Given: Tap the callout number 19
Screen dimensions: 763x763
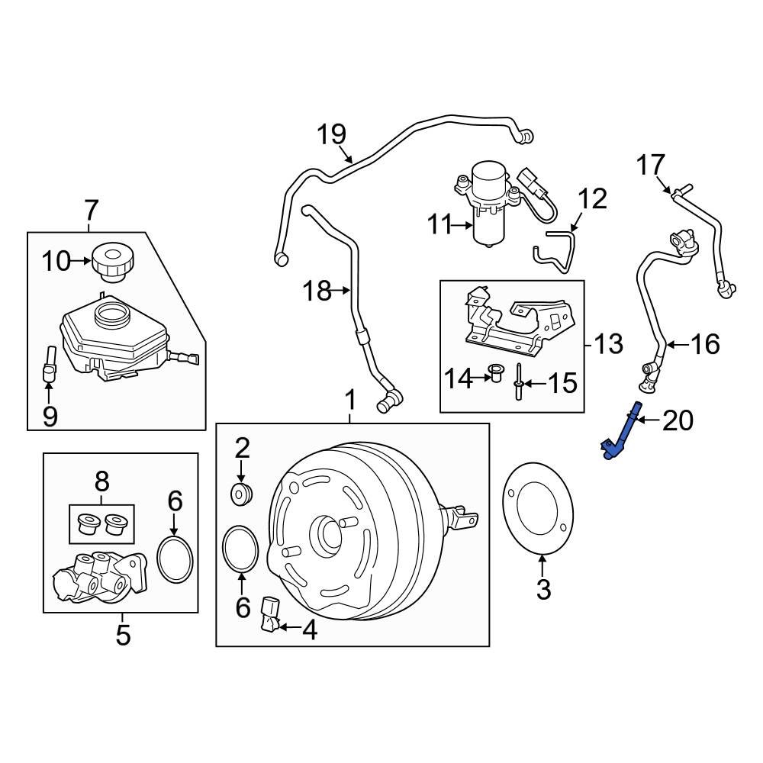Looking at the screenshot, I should [332, 134].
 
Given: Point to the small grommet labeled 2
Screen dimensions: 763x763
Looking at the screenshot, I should [242, 494].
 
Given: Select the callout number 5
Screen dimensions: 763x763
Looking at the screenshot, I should [123, 634].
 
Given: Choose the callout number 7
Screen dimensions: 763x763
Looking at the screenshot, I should [91, 208].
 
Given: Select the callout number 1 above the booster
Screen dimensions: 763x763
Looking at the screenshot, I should [350, 400].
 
